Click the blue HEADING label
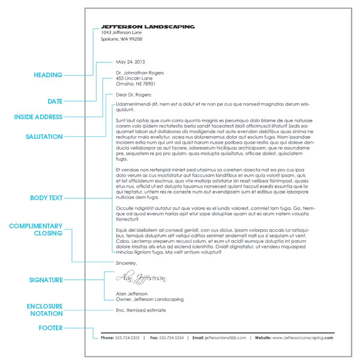pyautogui.click(x=47, y=76)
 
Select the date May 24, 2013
pyautogui.click(x=130, y=62)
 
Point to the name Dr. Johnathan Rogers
pyautogui.click(x=139, y=73)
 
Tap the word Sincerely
pyautogui.click(x=127, y=263)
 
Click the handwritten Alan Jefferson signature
pyautogui.click(x=141, y=278)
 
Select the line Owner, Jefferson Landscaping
pyautogui.click(x=149, y=299)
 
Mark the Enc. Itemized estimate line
pyautogui.click(x=140, y=310)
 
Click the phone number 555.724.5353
pyautogui.click(x=128, y=338)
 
